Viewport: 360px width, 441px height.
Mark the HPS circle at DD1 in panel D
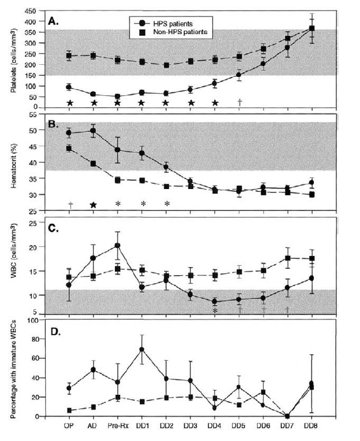click(x=141, y=349)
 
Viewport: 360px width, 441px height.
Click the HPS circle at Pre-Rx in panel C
click(x=117, y=245)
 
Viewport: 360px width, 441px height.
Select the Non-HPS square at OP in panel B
click(x=69, y=149)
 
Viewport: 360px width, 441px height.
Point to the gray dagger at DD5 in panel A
click(x=239, y=102)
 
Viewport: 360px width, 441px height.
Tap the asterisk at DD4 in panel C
click(x=215, y=310)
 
